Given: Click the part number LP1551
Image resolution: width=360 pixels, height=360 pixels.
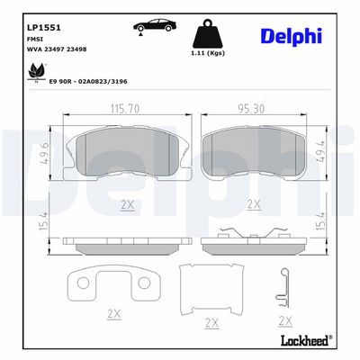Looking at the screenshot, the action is tap(44, 28).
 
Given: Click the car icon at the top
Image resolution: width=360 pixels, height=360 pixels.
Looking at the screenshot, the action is tap(155, 26).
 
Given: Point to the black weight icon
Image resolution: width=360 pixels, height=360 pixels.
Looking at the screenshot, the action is tap(208, 34).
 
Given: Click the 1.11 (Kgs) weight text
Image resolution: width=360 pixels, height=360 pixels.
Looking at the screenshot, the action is tap(208, 53).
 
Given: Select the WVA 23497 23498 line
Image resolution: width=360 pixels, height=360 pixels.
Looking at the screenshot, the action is tap(57, 49).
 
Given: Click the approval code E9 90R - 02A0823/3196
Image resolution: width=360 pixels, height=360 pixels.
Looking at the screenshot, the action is tap(88, 81).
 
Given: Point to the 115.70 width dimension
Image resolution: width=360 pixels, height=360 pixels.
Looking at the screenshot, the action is tap(125, 109).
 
